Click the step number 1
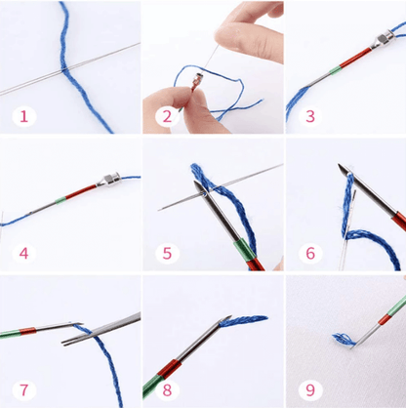[23, 116]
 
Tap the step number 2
[167, 116]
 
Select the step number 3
[310, 116]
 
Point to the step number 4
[23, 253]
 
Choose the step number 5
[167, 253]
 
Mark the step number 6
[310, 253]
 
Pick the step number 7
[23, 389]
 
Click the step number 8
[167, 389]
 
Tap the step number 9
[310, 389]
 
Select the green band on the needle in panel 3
[335, 70]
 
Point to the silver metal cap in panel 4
[108, 180]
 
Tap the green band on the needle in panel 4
[61, 200]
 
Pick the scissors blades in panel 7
[101, 329]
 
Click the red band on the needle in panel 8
[170, 369]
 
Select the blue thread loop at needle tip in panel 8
[243, 320]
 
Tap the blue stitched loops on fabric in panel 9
[344, 340]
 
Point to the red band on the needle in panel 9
[384, 319]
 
